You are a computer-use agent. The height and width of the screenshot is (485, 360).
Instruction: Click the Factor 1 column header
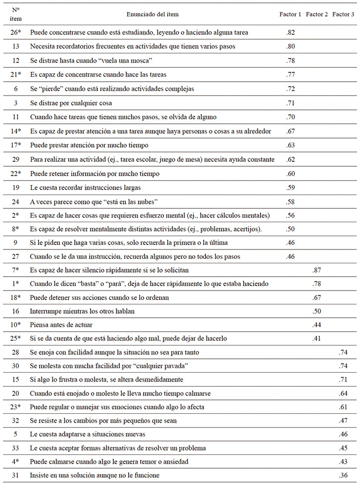(x=290, y=15)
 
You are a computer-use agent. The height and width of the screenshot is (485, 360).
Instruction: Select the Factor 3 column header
(x=343, y=15)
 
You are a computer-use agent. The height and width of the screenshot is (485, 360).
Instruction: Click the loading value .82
(x=291, y=33)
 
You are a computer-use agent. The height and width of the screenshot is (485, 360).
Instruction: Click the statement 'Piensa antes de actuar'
(x=62, y=325)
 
